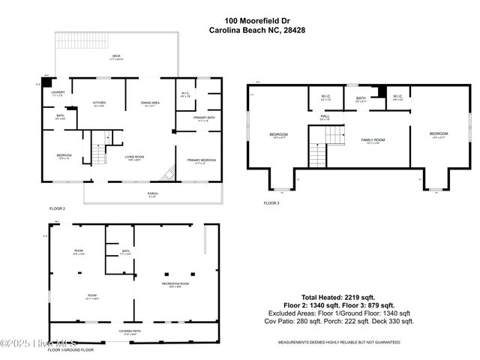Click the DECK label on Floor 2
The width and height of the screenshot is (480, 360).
pos(116,56)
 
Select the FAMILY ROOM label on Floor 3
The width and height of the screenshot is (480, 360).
pos(373,140)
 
